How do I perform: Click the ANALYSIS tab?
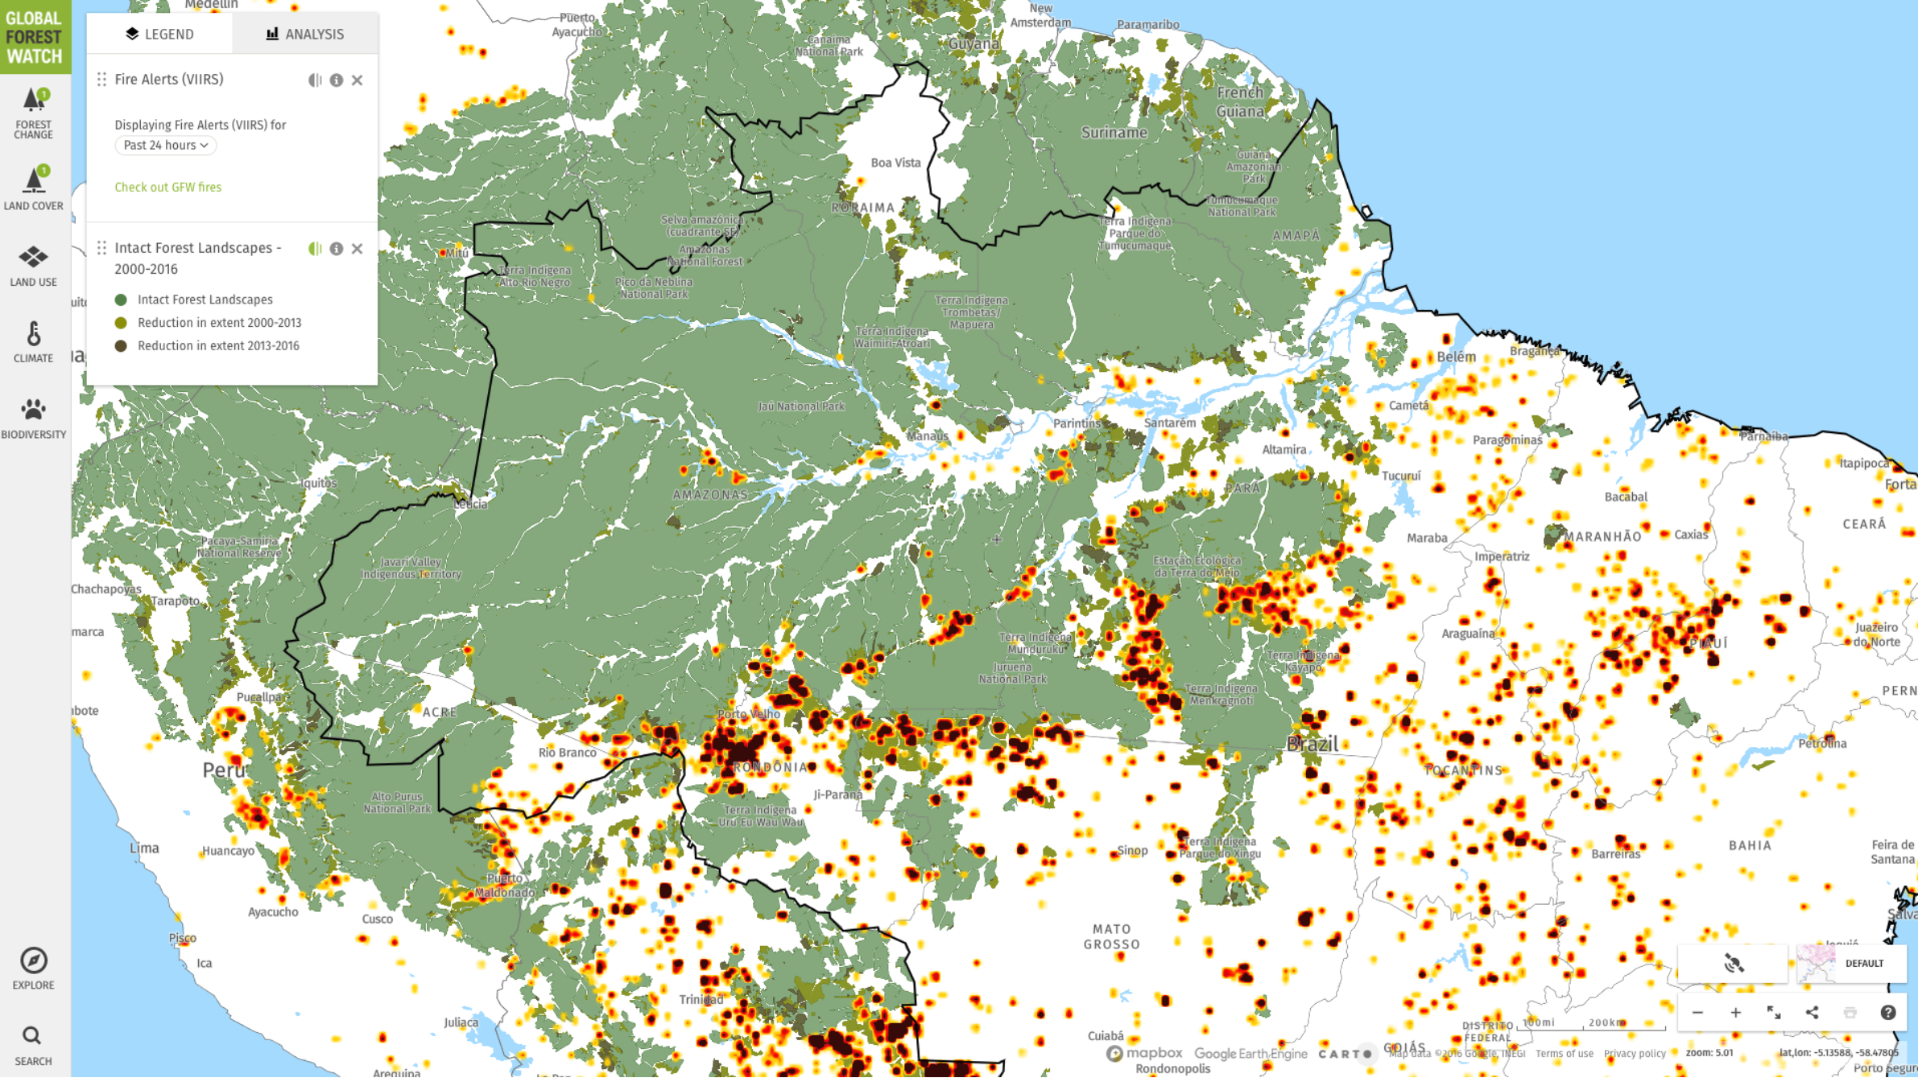305,34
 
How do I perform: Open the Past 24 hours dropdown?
166,146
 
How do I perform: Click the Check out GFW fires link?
167,188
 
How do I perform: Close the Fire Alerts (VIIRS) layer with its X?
357,81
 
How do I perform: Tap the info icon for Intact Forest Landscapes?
336,250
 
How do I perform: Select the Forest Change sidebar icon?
34,113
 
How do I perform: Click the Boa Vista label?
895,163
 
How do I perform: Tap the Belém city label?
1456,357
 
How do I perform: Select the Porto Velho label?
748,715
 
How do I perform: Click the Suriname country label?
1114,133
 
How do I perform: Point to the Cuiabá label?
1105,1037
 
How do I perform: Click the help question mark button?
1887,1014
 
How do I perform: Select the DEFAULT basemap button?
1851,964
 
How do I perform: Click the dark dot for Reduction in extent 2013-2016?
121,346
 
